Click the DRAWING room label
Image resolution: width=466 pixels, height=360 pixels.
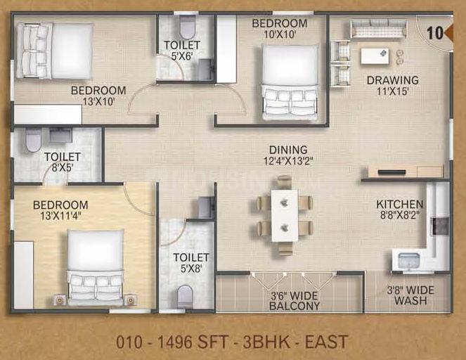pos(393,80)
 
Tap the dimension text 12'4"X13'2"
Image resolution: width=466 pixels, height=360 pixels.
pos(288,161)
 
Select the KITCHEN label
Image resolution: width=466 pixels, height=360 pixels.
pos(400,204)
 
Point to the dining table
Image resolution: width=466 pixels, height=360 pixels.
pos(285,216)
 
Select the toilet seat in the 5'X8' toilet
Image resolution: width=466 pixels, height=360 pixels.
pos(185,297)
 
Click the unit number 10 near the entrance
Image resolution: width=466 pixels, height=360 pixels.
pos(435,33)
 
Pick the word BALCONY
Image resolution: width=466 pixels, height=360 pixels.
pos(295,306)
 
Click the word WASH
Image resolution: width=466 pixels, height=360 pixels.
pos(410,300)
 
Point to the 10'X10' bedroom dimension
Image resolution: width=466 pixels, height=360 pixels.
pos(279,34)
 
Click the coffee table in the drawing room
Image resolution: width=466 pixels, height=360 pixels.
pos(375,56)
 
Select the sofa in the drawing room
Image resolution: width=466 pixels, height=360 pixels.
pos(378,29)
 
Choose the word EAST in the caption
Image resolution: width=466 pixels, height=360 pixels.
pos(326,342)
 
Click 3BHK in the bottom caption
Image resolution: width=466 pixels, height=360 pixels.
pos(266,342)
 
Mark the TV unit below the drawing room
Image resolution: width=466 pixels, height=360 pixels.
pos(406,172)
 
